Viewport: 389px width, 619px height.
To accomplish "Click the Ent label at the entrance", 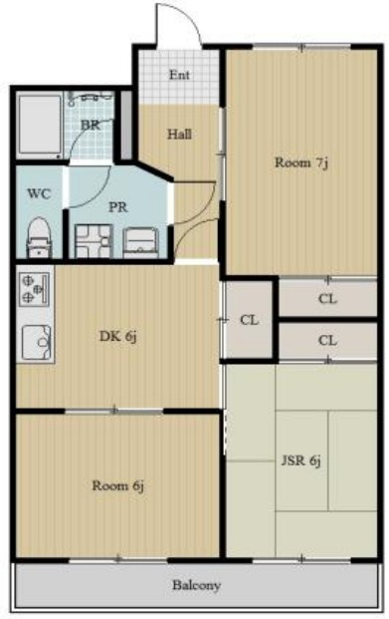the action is point(179,75).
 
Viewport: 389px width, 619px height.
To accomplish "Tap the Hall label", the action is point(180,135).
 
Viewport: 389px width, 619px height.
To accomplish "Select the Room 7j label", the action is point(301,162).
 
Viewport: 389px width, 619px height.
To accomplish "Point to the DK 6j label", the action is point(117,336).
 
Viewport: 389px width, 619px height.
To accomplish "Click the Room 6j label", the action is point(117,485).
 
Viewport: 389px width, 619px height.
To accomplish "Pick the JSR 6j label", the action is point(301,461).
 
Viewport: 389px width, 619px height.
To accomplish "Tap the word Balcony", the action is point(196,585).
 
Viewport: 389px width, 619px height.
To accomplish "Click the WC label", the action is point(39,193).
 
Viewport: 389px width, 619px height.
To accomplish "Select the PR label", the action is point(117,207).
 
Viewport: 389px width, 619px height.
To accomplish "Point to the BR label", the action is point(91,126).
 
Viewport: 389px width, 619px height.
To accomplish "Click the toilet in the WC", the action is point(39,238).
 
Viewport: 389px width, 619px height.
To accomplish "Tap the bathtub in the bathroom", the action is point(40,126).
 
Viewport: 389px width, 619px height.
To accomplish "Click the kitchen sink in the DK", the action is point(37,342).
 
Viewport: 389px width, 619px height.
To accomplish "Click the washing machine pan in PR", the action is point(94,241).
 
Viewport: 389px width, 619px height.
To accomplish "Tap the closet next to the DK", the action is point(249,320).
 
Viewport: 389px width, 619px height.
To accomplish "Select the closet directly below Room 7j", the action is point(327,299).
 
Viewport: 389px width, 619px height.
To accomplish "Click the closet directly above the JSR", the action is point(327,340).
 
